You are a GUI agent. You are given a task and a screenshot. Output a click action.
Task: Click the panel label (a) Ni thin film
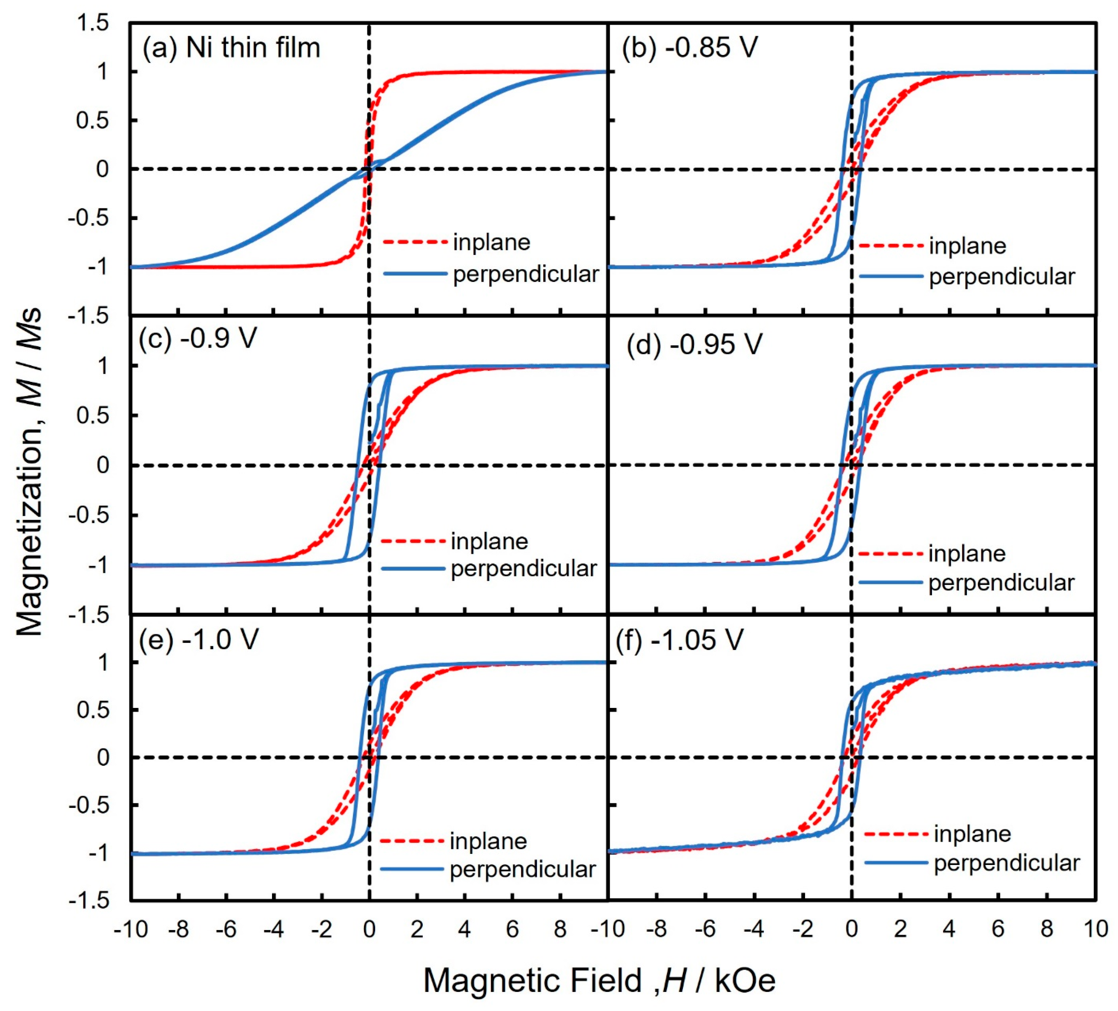click(x=231, y=48)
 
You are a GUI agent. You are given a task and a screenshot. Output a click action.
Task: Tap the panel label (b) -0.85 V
click(x=690, y=48)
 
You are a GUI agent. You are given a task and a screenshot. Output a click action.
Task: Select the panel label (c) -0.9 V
click(x=198, y=337)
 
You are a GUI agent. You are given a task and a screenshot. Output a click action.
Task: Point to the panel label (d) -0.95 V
click(x=694, y=345)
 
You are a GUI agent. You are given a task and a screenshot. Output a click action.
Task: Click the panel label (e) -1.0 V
click(x=198, y=639)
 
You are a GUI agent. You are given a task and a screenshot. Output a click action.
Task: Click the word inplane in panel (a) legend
click(x=491, y=242)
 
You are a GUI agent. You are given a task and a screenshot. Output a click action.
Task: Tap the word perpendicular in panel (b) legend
click(x=1001, y=276)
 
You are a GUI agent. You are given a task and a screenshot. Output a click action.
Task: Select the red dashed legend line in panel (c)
click(x=413, y=541)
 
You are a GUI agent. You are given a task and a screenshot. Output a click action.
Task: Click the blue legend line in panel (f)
click(x=896, y=862)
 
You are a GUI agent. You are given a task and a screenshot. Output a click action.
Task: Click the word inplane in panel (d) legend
click(x=966, y=553)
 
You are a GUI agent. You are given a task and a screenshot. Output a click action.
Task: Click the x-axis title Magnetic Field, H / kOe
click(x=599, y=980)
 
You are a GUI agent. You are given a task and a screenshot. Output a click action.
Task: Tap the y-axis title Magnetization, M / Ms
click(x=31, y=471)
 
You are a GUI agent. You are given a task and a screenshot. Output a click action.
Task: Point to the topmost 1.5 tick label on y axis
click(x=93, y=24)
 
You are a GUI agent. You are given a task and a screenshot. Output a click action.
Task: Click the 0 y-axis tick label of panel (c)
click(x=103, y=465)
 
